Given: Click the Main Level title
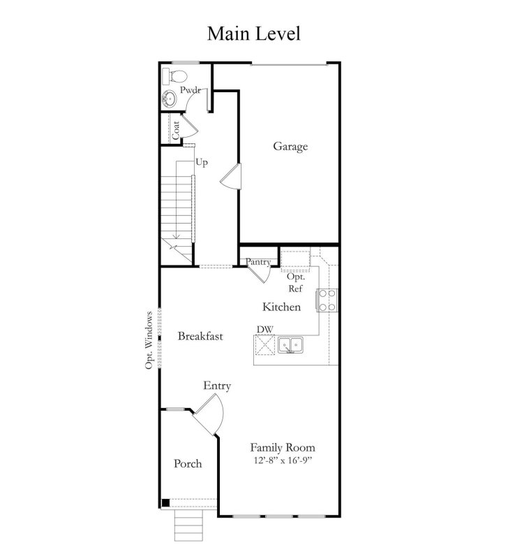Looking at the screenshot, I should pos(253,34).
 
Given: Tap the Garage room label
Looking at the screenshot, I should pos(290,147).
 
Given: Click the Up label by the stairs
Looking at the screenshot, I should pos(202,162).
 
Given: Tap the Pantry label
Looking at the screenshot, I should pos(257,262).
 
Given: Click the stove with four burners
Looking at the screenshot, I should pos(327,300).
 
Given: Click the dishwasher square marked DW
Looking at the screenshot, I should pos(265,345).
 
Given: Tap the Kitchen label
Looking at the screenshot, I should pos(281,307).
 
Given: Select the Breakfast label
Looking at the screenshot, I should pos(200,336).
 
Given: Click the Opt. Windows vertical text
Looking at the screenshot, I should pos(149,340).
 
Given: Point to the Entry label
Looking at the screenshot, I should pos(217,386).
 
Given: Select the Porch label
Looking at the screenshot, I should pos(188,464).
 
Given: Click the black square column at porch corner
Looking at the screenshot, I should pos(165,502).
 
